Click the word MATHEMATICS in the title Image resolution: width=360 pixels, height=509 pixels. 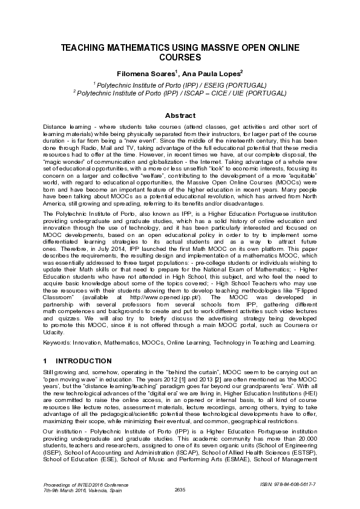click(132, 48)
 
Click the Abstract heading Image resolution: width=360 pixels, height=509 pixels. click(180, 115)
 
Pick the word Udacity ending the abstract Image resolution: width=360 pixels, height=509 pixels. click(56, 332)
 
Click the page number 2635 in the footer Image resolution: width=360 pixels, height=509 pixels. click(180, 489)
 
